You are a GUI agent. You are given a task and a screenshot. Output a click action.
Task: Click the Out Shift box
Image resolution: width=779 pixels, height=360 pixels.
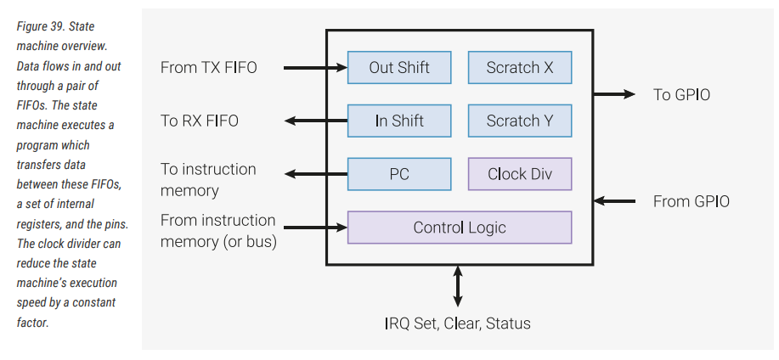pyautogui.click(x=399, y=67)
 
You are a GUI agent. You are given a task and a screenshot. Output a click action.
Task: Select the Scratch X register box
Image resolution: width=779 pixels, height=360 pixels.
pyautogui.click(x=520, y=67)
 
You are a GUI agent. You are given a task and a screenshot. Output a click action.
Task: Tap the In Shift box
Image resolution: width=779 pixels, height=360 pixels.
pyautogui.click(x=399, y=121)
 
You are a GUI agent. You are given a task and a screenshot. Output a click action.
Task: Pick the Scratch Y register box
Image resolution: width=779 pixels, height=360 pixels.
pyautogui.click(x=520, y=121)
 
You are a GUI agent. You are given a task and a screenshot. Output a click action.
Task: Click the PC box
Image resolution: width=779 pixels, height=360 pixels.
pyautogui.click(x=399, y=174)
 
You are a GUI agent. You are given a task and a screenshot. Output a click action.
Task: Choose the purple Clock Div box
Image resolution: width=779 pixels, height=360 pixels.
pyautogui.click(x=520, y=174)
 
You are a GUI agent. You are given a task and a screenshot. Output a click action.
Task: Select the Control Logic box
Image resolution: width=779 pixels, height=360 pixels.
pyautogui.click(x=460, y=228)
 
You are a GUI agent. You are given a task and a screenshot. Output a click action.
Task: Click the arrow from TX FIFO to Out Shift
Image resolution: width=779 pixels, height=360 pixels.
pyautogui.click(x=315, y=67)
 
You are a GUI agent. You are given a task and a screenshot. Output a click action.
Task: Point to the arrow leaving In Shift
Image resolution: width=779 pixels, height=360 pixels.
pyautogui.click(x=315, y=121)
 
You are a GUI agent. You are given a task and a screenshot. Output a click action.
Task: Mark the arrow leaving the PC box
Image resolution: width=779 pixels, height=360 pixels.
pyautogui.click(x=315, y=174)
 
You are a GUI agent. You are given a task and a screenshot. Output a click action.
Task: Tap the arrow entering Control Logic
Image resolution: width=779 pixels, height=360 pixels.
pyautogui.click(x=315, y=228)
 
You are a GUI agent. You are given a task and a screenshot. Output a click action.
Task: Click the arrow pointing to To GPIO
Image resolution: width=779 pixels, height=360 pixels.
pyautogui.click(x=615, y=94)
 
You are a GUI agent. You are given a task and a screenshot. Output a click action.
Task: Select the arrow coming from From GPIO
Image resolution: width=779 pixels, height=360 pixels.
pyautogui.click(x=615, y=201)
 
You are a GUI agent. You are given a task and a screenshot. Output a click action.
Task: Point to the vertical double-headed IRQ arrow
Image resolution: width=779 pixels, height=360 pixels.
pyautogui.click(x=459, y=286)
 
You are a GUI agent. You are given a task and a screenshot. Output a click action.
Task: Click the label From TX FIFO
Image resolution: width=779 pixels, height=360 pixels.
pyautogui.click(x=207, y=67)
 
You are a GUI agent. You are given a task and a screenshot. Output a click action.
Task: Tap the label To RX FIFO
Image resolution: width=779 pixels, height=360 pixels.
pyautogui.click(x=200, y=121)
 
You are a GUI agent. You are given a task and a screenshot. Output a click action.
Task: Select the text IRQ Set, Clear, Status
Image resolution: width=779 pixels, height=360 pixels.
pyautogui.click(x=458, y=323)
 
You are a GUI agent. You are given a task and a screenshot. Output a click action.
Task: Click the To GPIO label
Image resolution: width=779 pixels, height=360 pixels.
pyautogui.click(x=681, y=94)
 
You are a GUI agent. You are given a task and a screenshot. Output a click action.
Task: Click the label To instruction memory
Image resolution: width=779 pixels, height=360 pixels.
pyautogui.click(x=208, y=179)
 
